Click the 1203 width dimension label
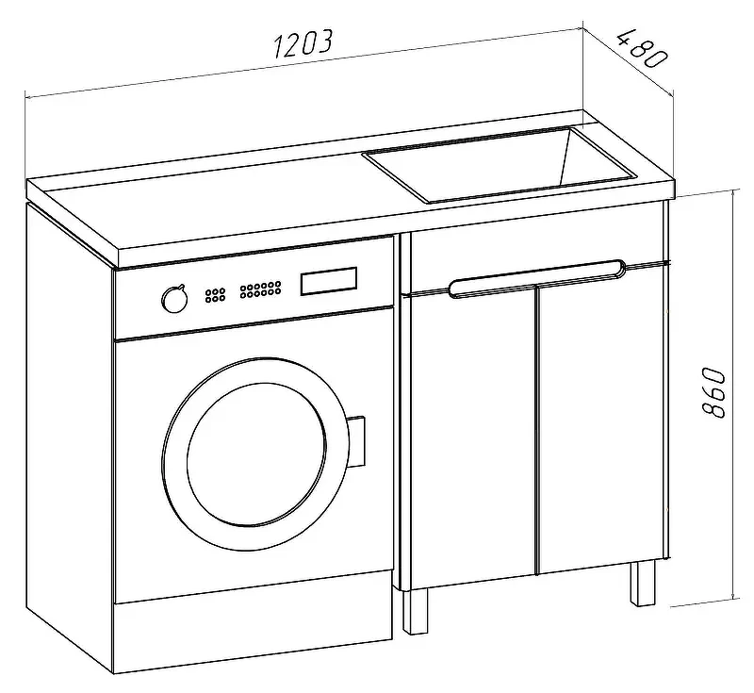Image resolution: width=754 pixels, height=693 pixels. tap(303, 44)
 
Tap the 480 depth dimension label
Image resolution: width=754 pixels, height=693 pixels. tap(643, 48)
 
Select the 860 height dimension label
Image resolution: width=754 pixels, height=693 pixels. tap(713, 393)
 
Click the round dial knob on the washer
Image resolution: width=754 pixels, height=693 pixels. tap(174, 299)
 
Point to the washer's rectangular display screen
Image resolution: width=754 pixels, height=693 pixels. tap(329, 281)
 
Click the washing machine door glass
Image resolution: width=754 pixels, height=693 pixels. tap(256, 454)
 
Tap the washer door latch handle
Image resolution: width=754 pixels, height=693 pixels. tap(357, 441)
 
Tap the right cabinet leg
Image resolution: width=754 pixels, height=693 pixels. tap(643, 583)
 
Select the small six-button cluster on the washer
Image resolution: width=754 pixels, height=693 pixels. tap(215, 295)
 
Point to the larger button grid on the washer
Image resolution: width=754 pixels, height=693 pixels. tap(261, 289)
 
